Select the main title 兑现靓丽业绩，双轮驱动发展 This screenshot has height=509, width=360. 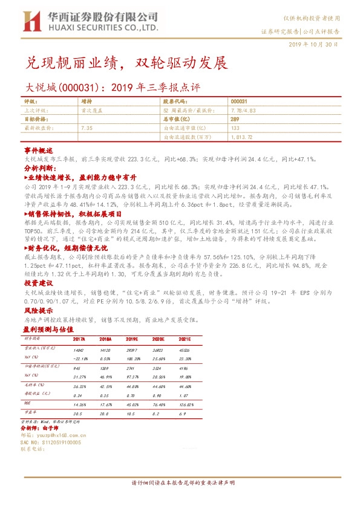click(127, 63)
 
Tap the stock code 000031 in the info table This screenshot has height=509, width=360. click(238, 102)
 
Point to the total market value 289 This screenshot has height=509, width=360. click(235, 120)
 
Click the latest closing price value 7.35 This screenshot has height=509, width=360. click(86, 128)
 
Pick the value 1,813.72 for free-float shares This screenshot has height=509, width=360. click(241, 137)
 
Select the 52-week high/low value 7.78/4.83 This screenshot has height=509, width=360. click(243, 111)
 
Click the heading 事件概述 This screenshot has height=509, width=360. click(39, 149)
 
